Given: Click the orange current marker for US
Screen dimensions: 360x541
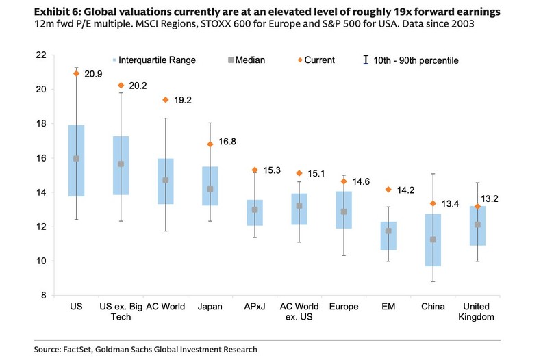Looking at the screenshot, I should (x=77, y=73).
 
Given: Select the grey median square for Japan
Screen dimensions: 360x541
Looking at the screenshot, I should (x=210, y=189).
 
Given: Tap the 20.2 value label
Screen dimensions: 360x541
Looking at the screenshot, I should (x=138, y=86).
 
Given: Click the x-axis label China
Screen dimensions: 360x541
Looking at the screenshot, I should (x=432, y=307).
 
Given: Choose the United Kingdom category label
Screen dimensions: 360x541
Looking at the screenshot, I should (x=477, y=312).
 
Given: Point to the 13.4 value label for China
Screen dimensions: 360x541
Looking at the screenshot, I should (x=451, y=203).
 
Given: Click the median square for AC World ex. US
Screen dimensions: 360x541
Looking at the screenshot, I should (x=299, y=205).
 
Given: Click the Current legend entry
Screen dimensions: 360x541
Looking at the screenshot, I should (x=314, y=60).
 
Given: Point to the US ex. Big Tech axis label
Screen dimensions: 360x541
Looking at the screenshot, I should (x=121, y=312).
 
